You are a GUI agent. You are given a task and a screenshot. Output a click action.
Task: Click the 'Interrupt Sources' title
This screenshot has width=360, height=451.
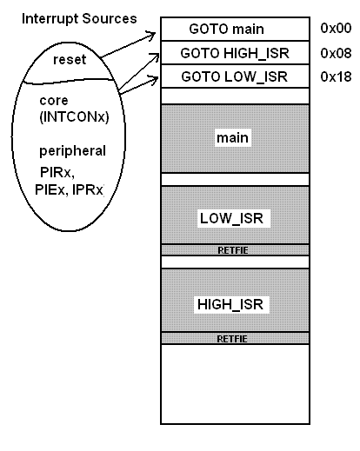pyautogui.click(x=79, y=19)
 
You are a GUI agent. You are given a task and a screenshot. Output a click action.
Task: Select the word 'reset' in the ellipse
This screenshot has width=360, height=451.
pyautogui.click(x=70, y=60)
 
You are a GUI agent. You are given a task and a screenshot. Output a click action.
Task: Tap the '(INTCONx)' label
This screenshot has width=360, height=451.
pyautogui.click(x=74, y=116)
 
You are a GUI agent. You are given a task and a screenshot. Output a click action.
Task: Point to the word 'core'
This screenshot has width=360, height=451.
pyautogui.click(x=54, y=101)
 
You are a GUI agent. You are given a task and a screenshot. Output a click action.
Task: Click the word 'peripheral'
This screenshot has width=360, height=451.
pyautogui.click(x=72, y=151)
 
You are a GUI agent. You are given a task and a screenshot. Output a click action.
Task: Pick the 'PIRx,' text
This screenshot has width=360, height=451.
pyautogui.click(x=57, y=172)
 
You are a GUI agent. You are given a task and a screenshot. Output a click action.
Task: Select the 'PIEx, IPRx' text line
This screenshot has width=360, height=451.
pyautogui.click(x=69, y=190)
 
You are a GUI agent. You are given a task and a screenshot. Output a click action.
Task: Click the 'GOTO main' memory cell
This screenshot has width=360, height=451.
pyautogui.click(x=235, y=29)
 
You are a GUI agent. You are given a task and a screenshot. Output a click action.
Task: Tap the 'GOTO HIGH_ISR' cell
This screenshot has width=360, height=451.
pyautogui.click(x=235, y=53)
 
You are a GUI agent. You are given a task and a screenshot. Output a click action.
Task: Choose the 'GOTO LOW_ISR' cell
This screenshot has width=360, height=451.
pyautogui.click(x=235, y=76)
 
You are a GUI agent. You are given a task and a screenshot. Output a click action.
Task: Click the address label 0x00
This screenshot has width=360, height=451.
pyautogui.click(x=336, y=28)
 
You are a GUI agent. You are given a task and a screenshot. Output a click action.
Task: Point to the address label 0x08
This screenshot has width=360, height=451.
pyautogui.click(x=336, y=53)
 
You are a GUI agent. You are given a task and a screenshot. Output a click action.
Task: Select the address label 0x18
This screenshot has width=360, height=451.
pyautogui.click(x=336, y=76)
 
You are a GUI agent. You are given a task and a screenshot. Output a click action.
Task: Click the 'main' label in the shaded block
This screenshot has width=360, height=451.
pyautogui.click(x=232, y=138)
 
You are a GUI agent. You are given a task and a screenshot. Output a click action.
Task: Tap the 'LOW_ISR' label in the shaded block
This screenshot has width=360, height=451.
pyautogui.click(x=231, y=218)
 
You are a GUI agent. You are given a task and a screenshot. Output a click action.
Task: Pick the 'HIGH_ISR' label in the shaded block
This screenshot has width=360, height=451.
pyautogui.click(x=230, y=304)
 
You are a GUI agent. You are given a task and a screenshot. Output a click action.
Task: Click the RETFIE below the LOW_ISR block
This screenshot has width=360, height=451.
pyautogui.click(x=233, y=250)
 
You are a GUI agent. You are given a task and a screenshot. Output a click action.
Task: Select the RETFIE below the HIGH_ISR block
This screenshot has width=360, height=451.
pyautogui.click(x=232, y=339)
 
